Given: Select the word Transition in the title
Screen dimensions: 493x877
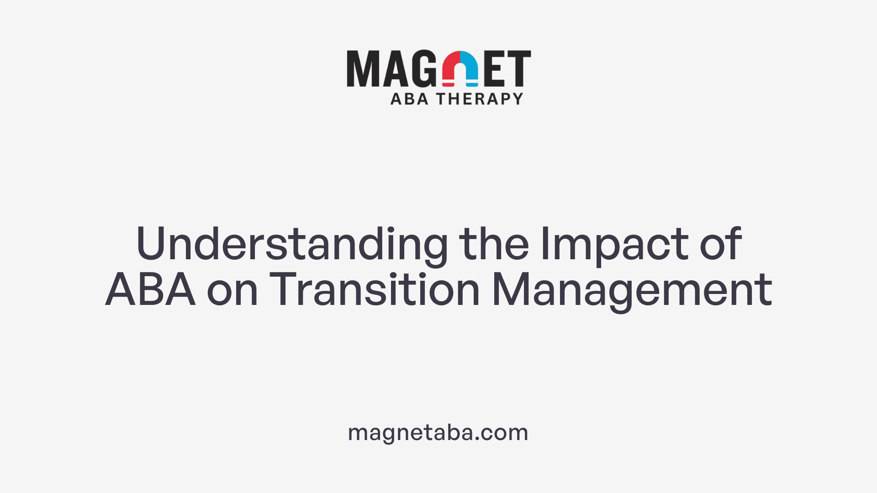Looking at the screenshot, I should pos(375,289).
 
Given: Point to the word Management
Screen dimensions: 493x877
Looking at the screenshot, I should pos(632,290).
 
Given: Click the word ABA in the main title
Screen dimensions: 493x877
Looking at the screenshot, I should pos(151,289).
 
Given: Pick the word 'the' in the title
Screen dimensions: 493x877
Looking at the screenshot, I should pos(494,244).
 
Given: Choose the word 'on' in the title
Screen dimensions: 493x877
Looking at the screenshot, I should pos(232,290).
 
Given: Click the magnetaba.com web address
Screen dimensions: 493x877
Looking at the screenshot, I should pos(438,432).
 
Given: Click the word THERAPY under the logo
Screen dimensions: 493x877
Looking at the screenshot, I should pos(480,99).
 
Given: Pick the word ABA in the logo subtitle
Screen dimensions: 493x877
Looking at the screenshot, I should pos(409,99).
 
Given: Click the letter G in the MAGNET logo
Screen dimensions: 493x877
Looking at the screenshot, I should pos(424,68).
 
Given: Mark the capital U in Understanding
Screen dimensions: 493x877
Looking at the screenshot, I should pos(150,244).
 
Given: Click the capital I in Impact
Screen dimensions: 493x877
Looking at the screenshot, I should pos(544,244).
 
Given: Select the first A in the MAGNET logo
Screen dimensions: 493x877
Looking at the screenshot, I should pos(395,68).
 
